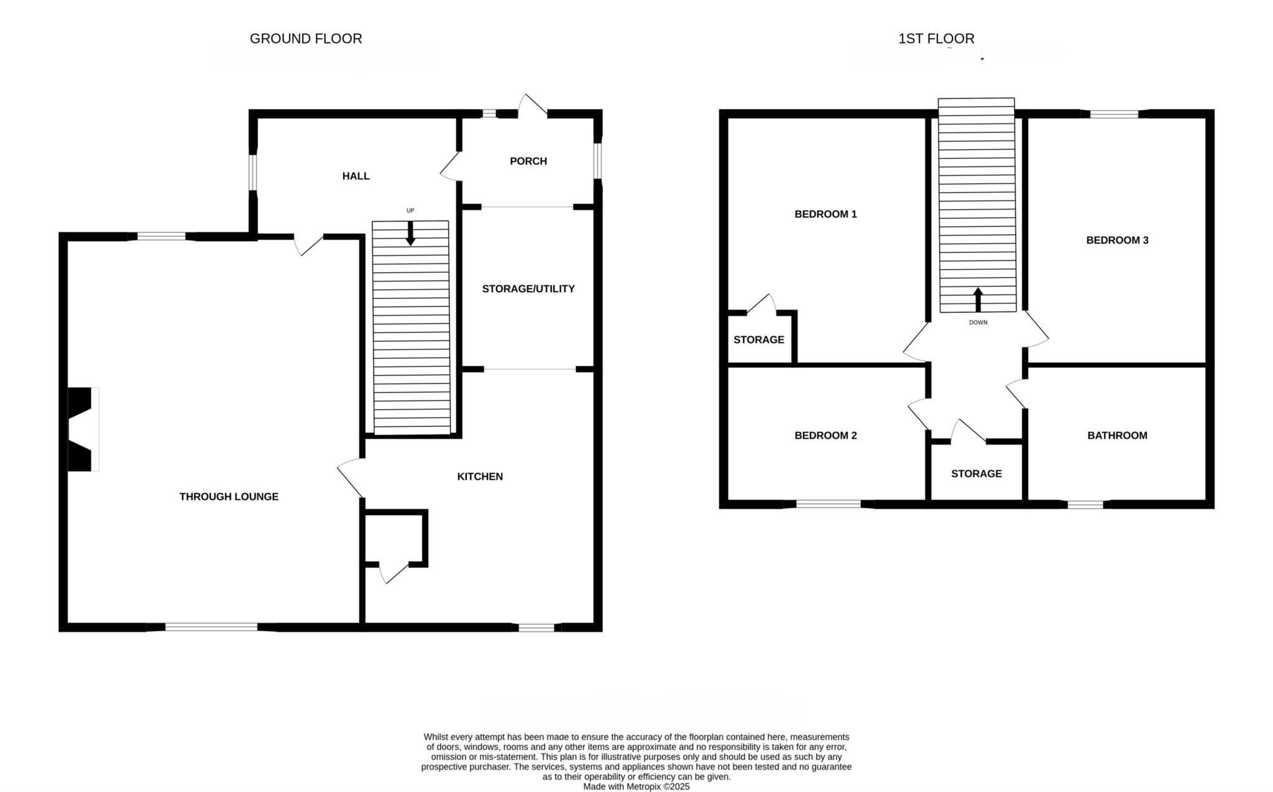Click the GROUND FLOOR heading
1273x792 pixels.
(x=306, y=39)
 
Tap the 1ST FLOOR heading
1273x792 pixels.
(x=936, y=39)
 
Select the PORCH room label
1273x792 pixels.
(x=528, y=161)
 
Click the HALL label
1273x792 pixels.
(x=356, y=176)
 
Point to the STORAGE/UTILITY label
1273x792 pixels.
(x=528, y=288)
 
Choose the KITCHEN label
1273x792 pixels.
(x=480, y=476)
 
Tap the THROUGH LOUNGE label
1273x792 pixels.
(x=229, y=496)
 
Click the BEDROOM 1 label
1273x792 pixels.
(x=825, y=214)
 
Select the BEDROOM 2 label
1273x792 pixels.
(x=825, y=435)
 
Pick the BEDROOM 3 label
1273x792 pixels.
(x=1117, y=240)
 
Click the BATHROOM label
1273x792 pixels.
(x=1117, y=435)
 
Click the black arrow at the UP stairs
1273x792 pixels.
(x=410, y=233)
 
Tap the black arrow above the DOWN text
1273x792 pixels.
(x=978, y=300)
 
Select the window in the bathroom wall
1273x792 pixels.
(x=1085, y=504)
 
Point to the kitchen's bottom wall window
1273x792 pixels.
(x=536, y=627)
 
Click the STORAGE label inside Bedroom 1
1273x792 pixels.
(x=758, y=339)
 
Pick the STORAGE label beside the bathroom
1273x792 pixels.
(x=976, y=474)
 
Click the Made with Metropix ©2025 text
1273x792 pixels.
(x=636, y=786)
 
